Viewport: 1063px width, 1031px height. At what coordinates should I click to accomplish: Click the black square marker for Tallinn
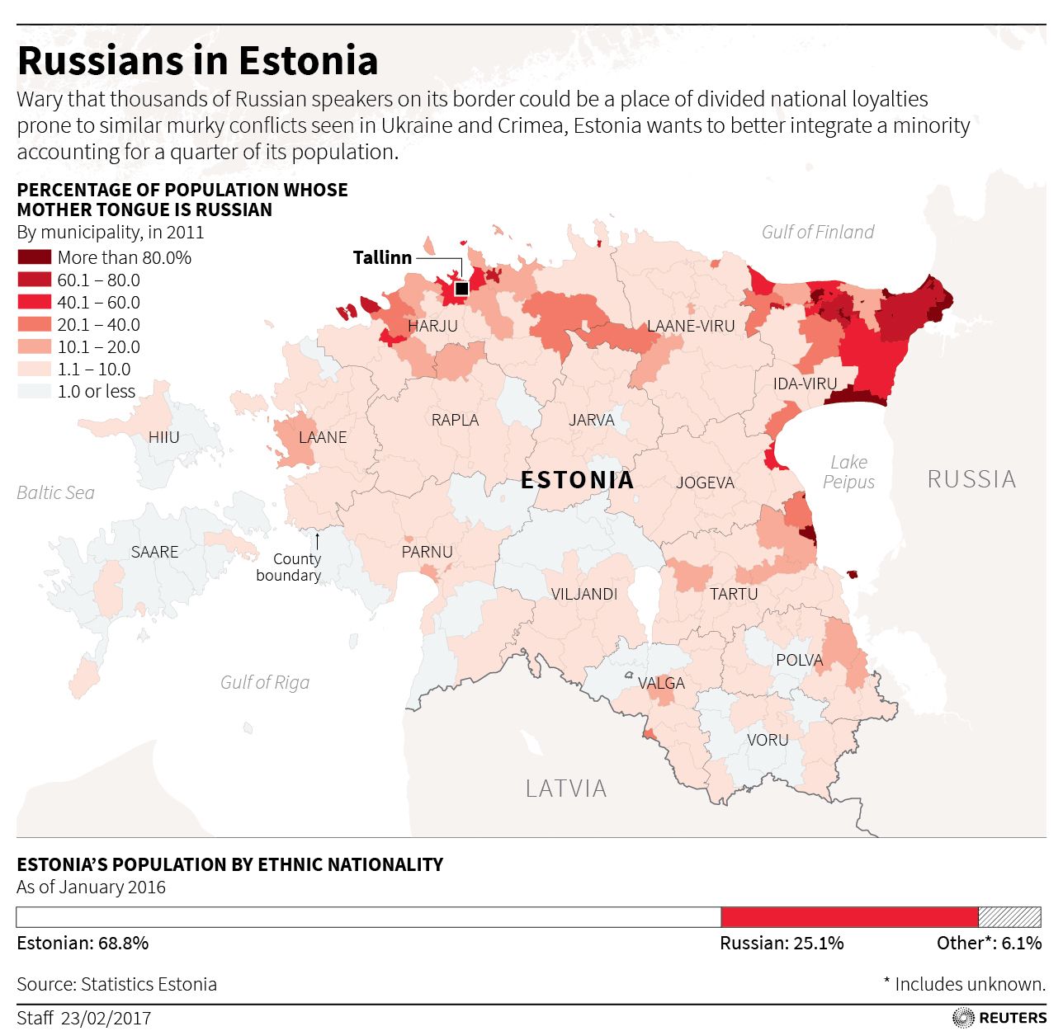[462, 289]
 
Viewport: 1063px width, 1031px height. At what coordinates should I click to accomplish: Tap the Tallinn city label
[382, 257]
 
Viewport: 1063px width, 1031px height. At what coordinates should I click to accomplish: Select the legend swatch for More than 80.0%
[34, 257]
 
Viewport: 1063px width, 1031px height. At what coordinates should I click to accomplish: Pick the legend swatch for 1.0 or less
[34, 391]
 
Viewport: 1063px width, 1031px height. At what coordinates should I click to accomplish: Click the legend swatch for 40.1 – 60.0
[34, 302]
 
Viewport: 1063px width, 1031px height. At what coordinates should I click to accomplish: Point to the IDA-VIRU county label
[805, 384]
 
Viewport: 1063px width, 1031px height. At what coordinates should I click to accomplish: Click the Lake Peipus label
[848, 472]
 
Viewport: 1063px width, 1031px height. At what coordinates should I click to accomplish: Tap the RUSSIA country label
[971, 479]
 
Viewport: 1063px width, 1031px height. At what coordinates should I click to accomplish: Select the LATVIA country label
[566, 789]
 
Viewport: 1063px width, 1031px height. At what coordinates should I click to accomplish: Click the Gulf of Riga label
[265, 682]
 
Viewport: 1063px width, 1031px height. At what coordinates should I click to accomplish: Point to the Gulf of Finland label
[817, 232]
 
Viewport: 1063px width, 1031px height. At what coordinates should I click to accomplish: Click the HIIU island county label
[163, 437]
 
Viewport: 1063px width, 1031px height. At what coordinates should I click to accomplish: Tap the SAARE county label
[154, 552]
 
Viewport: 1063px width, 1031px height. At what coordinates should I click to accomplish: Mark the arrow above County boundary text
[317, 540]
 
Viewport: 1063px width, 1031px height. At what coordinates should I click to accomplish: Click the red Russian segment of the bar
[849, 917]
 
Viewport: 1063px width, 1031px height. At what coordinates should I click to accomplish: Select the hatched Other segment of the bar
[1009, 917]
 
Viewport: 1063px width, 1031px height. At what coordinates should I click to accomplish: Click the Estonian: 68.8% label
[83, 943]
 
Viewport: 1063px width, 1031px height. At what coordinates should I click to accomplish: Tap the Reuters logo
[999, 1018]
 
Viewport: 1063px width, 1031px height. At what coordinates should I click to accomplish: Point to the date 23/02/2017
[106, 1018]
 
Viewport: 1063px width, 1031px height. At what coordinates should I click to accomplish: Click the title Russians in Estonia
[197, 61]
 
